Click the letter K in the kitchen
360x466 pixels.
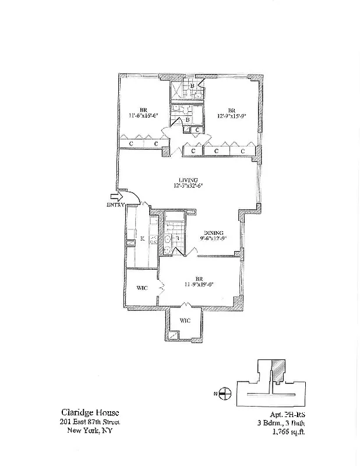[142, 239]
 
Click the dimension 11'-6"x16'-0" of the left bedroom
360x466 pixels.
[143, 115]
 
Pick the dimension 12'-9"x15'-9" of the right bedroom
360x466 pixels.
[231, 115]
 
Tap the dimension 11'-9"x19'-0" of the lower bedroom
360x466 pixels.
[199, 285]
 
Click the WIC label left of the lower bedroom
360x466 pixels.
[141, 288]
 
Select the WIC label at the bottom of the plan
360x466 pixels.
[184, 320]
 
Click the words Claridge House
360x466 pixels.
[85, 411]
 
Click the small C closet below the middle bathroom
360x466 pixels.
[198, 129]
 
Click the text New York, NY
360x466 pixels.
[83, 431]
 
